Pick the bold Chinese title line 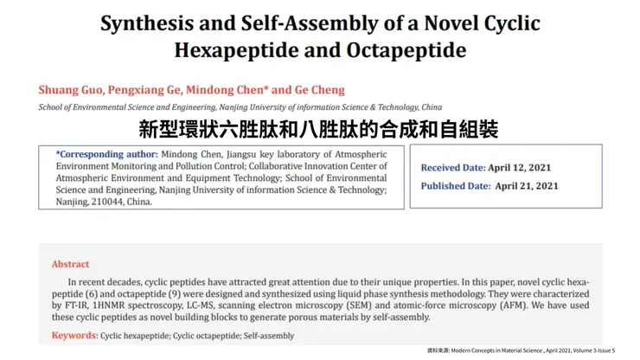[319, 131]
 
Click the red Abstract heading [70, 264]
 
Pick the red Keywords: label [75, 335]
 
